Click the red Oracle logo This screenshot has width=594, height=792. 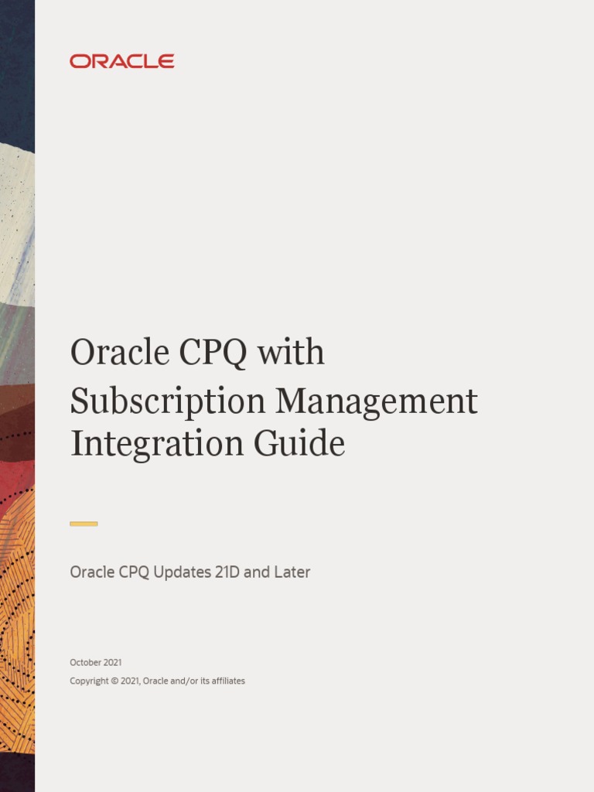pyautogui.click(x=121, y=61)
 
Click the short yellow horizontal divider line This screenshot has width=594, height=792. pyautogui.click(x=84, y=524)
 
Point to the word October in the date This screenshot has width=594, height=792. pyautogui.click(x=84, y=662)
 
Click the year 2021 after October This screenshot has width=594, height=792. pyautogui.click(x=111, y=662)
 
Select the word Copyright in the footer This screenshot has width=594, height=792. pyautogui.click(x=89, y=681)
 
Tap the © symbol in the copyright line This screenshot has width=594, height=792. pyautogui.click(x=114, y=681)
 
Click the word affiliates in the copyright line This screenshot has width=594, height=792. pyautogui.click(x=225, y=681)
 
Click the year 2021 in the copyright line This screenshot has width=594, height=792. pyautogui.click(x=130, y=681)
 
